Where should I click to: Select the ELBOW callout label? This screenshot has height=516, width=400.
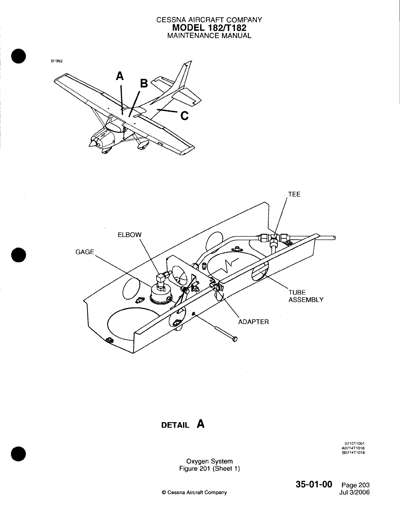[130, 235]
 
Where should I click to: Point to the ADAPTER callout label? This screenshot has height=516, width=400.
[254, 322]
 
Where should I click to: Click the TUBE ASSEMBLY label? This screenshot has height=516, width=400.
[306, 296]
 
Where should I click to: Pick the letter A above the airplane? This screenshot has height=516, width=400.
[120, 76]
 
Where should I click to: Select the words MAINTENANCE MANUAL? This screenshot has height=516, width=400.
[209, 36]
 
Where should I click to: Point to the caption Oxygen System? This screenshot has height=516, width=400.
[209, 461]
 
